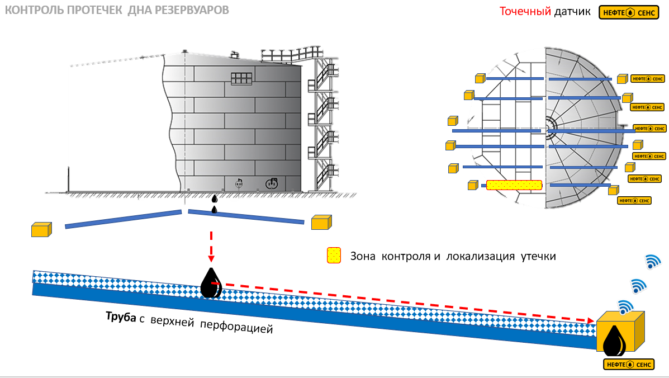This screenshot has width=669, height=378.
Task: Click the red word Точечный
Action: point(525,12)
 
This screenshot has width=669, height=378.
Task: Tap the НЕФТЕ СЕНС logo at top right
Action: point(629,12)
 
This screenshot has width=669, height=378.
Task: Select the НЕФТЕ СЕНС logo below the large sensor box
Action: point(629,365)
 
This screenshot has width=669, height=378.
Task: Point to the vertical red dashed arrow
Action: point(211,247)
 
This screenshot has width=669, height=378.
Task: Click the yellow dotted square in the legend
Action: point(334,256)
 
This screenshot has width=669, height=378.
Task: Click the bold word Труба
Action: point(121,316)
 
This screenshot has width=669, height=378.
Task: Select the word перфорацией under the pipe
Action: point(236,327)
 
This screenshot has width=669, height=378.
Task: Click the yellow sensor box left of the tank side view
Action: point(41,229)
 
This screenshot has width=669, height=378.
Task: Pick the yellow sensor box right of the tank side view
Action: point(321,223)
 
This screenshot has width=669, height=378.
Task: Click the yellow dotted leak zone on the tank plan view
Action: point(514,185)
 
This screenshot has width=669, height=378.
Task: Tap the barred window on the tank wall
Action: point(241,78)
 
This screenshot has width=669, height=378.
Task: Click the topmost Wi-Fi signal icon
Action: point(653,261)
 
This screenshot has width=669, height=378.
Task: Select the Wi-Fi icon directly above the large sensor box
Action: point(625,306)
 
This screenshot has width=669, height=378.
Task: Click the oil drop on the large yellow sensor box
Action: point(614,341)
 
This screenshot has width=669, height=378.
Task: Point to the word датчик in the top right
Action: point(572,12)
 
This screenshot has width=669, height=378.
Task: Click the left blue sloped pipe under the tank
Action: point(124,219)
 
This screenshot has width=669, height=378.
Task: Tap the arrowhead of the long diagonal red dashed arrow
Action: point(591,321)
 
